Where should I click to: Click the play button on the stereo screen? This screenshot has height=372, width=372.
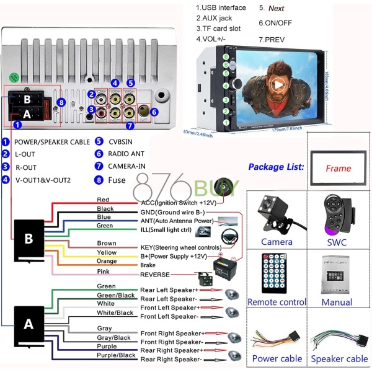pos(278,85)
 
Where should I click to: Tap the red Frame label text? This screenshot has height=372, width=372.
pos(338,168)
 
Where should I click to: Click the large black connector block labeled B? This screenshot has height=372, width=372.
pos(28,239)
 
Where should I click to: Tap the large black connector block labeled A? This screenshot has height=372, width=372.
pos(28,324)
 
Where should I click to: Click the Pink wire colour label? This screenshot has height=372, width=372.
pos(103,270)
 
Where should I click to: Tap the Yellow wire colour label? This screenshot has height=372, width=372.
pos(106,252)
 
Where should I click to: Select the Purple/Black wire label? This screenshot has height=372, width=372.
pos(116,355)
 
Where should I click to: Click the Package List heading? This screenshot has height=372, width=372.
pos(276,167)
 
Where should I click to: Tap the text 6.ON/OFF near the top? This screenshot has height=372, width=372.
pos(277,23)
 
